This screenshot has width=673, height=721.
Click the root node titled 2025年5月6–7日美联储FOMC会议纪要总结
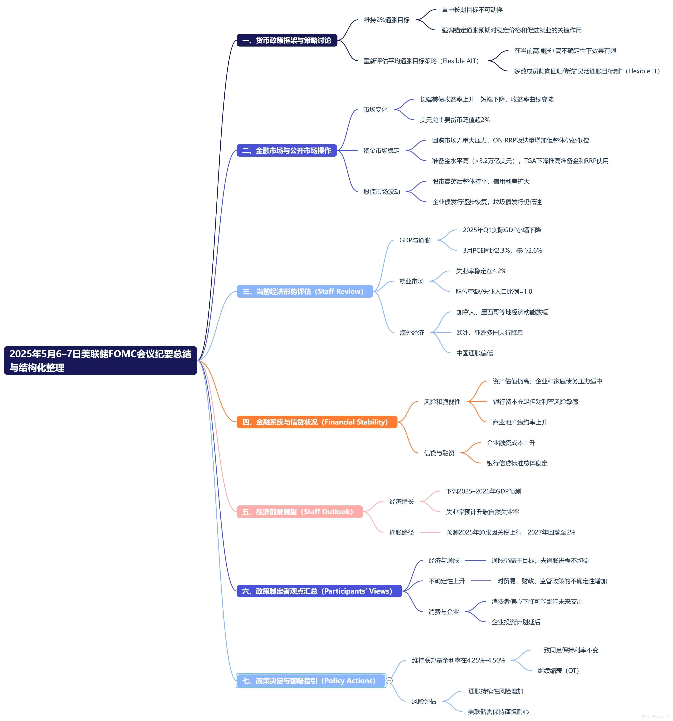(101, 360)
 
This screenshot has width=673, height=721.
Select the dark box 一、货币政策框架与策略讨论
(287, 40)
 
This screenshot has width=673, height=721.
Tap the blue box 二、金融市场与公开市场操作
(287, 150)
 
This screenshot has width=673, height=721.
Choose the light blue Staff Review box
(305, 291)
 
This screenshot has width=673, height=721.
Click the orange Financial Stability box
(317, 422)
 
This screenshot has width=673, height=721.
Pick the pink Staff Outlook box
(300, 511)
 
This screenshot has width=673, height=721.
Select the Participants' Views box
(319, 591)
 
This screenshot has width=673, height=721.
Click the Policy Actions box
(311, 680)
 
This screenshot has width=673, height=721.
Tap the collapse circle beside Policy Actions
(389, 680)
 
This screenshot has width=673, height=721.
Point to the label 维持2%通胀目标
(387, 20)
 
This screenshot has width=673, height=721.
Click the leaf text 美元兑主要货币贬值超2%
(455, 120)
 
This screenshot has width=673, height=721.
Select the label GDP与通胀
(415, 240)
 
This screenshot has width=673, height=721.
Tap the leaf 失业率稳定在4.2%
(481, 271)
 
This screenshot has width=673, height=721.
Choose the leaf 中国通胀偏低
(475, 353)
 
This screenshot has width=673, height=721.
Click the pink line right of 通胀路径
(430, 532)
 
